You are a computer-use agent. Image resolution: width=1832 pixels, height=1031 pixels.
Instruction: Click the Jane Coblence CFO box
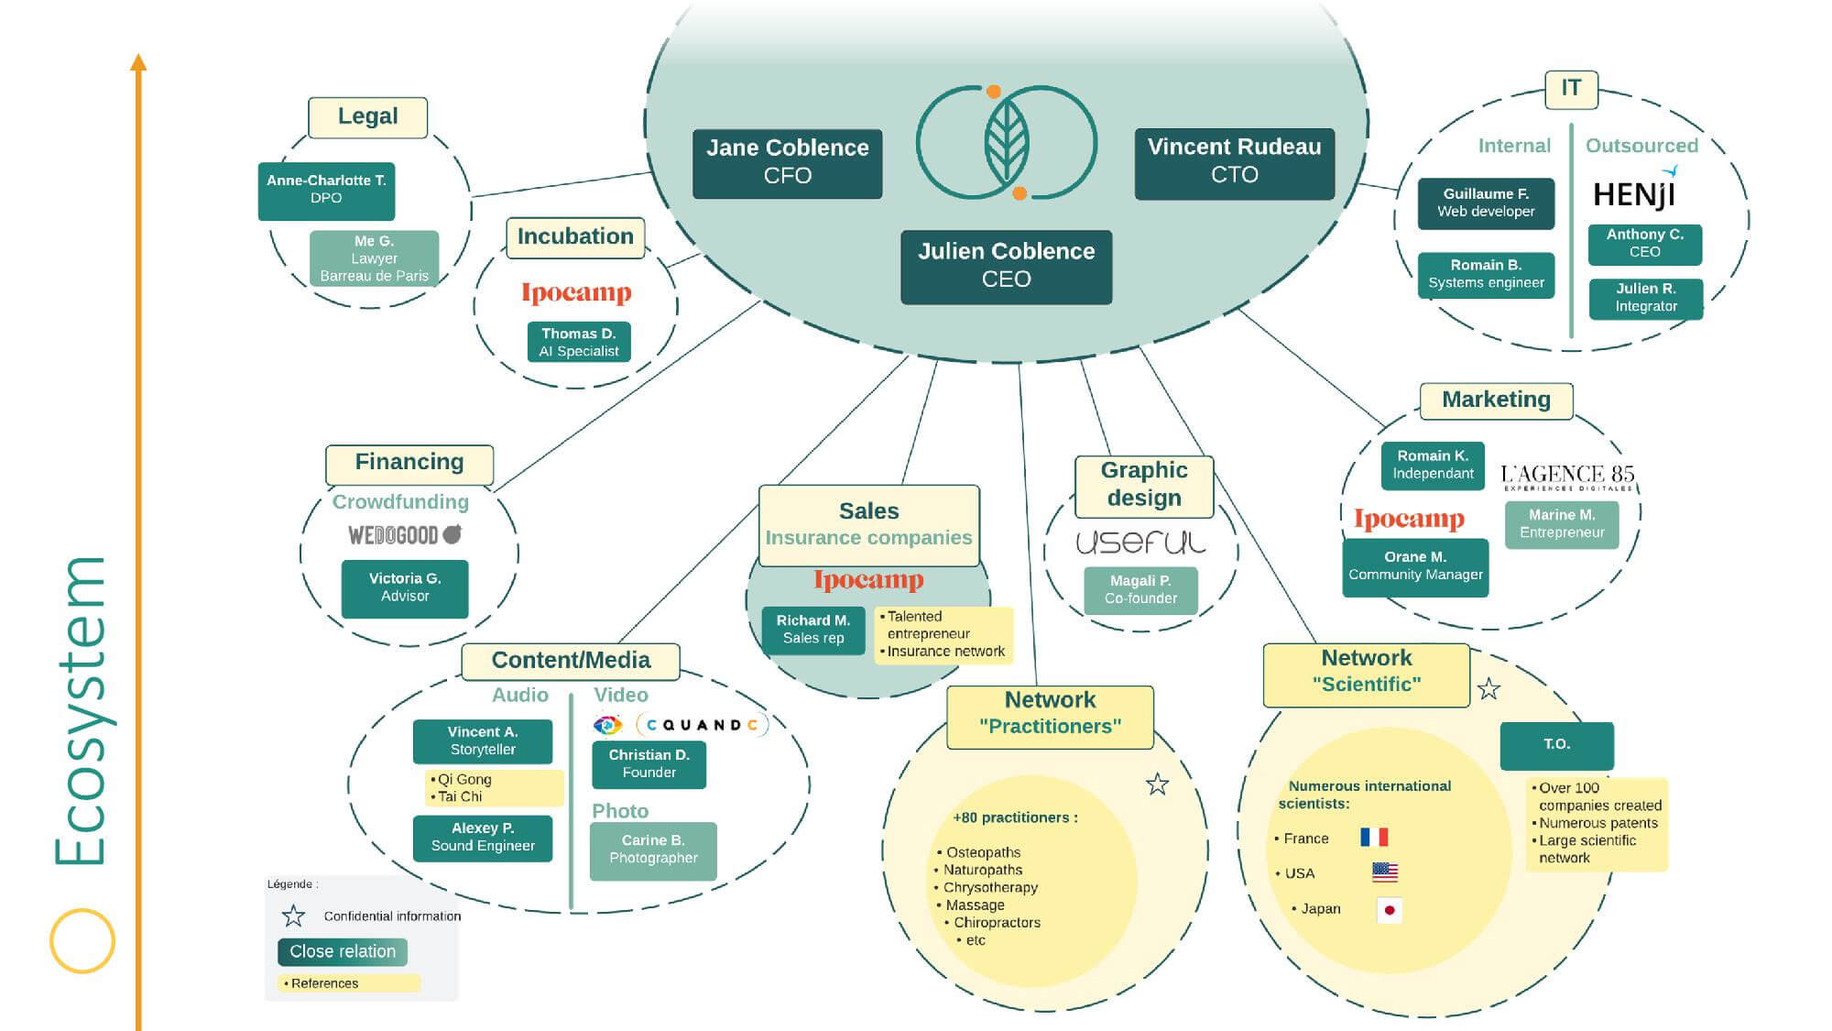[x=787, y=163]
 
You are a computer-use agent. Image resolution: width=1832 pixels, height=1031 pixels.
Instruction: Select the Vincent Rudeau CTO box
[x=1234, y=163]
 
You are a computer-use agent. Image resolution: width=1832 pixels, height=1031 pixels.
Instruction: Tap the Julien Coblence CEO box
[x=1006, y=267]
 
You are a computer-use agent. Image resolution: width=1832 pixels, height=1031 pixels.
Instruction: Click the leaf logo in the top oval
[x=1007, y=142]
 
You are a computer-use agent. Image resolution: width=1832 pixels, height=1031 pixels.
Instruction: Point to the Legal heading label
[x=367, y=117]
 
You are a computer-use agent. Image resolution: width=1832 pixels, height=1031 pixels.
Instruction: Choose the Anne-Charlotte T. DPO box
[x=326, y=191]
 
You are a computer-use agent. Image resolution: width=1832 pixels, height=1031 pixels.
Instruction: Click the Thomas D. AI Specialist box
[x=578, y=342]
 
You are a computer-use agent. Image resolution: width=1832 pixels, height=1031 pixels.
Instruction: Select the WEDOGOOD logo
[x=405, y=534]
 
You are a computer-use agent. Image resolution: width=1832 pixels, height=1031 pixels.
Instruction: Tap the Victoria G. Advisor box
[x=405, y=588]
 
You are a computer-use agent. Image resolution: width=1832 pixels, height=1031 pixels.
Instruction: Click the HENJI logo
[x=1635, y=192]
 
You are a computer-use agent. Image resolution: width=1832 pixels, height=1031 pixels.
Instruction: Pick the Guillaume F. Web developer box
[x=1486, y=203]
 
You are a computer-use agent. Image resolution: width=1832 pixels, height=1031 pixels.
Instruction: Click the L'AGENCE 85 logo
[x=1567, y=477]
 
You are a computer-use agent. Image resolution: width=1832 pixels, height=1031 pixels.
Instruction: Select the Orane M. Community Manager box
[x=1415, y=567]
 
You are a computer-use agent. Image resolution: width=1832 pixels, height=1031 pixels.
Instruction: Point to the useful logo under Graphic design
[x=1140, y=543]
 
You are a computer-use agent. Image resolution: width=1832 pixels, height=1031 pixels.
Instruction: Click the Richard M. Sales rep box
[x=813, y=630]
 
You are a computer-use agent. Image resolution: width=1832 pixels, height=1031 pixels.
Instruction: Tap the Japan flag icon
[x=1389, y=910]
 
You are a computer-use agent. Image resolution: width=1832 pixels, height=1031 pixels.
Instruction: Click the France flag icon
[x=1374, y=837]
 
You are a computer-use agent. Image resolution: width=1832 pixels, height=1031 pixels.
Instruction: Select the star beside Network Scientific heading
[x=1488, y=689]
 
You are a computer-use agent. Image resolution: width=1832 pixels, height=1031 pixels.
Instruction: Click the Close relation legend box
[x=343, y=951]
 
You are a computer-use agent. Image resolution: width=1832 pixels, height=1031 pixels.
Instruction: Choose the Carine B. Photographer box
[x=653, y=850]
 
